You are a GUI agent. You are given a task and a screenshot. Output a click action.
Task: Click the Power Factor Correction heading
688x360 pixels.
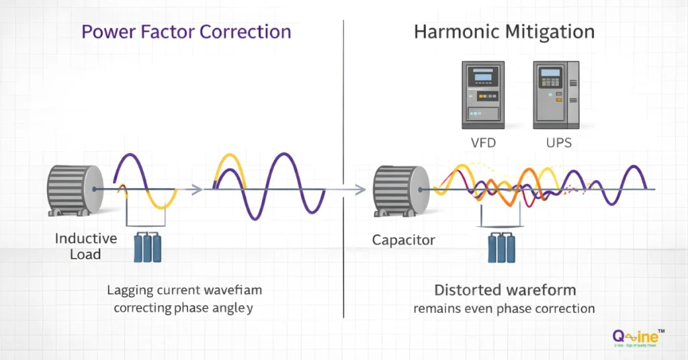(186, 32)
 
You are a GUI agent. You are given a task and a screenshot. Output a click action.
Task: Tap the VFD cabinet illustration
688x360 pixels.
(482, 95)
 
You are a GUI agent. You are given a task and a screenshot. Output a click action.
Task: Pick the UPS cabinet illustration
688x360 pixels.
(555, 95)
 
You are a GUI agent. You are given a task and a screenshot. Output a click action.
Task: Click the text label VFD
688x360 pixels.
(483, 143)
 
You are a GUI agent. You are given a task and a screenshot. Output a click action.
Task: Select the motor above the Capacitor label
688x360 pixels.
(400, 190)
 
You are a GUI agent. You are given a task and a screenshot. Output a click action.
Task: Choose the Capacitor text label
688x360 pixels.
(403, 240)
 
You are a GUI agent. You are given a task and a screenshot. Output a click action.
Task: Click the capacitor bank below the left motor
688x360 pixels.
(148, 246)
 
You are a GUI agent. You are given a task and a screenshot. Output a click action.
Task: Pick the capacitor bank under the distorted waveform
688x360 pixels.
(501, 246)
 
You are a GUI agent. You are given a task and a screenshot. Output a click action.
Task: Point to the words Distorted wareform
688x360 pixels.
(505, 291)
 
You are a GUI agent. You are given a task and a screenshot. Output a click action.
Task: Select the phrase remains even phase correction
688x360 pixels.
(505, 309)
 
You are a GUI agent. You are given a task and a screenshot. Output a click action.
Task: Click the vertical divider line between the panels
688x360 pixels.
(344, 168)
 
